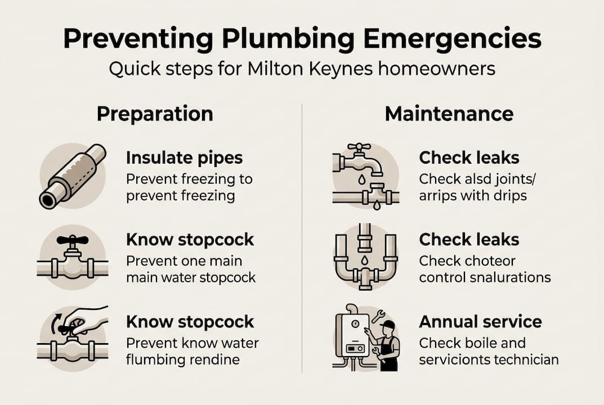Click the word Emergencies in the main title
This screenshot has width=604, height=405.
(452, 39)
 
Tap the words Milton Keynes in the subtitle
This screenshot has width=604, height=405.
(310, 69)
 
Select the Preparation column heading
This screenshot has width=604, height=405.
(155, 114)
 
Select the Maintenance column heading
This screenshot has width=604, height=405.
(449, 114)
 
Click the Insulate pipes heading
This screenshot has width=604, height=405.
(184, 158)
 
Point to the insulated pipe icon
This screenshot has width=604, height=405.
(73, 176)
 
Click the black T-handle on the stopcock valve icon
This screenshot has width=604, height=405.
(73, 240)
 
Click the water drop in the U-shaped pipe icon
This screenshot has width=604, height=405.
(364, 260)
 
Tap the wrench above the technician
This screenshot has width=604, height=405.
(378, 317)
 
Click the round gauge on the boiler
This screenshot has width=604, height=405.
(355, 323)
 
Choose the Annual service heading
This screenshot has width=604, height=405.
(480, 322)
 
